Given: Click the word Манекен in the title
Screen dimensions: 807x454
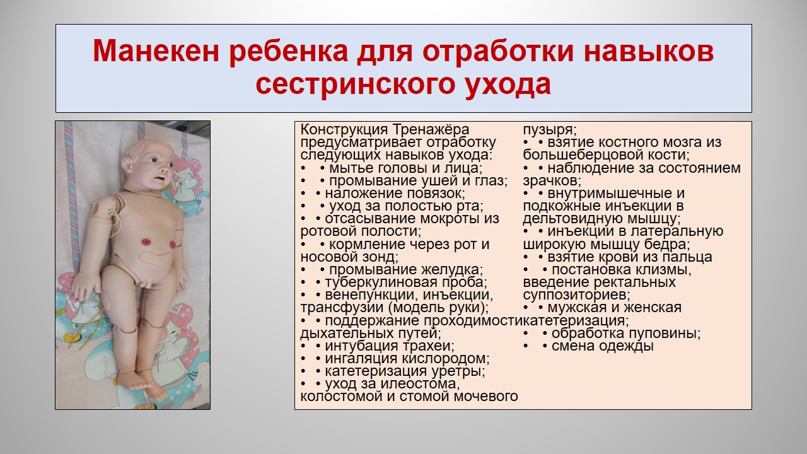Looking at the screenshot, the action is (x=156, y=52).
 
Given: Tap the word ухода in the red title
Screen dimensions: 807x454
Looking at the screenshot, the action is (x=508, y=85).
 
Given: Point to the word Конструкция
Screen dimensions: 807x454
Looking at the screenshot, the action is (x=344, y=130).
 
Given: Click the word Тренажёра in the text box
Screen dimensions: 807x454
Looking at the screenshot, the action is (x=431, y=130).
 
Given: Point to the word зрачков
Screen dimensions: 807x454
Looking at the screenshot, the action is (x=552, y=181).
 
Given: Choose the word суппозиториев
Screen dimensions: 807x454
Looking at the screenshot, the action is (x=576, y=295).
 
